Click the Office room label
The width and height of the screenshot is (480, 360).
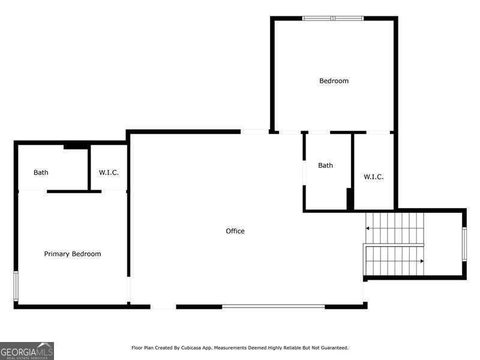(x=235, y=231)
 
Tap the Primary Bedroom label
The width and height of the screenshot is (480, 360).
(x=73, y=254)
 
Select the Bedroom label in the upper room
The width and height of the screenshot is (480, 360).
(x=334, y=81)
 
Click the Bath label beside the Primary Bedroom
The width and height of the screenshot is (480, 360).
(x=41, y=173)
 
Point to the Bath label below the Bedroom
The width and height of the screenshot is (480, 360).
(x=326, y=166)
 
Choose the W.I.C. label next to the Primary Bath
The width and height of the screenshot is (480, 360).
(x=109, y=173)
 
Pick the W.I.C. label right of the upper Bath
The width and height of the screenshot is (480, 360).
(x=373, y=177)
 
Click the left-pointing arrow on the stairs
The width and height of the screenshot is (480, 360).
(x=368, y=228)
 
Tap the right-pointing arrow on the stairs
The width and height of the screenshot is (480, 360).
(x=421, y=261)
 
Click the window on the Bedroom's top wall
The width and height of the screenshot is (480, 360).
(x=333, y=19)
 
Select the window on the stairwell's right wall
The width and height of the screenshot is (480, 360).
(x=464, y=244)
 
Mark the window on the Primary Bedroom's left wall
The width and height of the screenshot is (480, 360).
(x=16, y=286)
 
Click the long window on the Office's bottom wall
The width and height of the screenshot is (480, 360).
(x=273, y=307)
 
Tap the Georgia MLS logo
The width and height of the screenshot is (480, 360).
(x=27, y=350)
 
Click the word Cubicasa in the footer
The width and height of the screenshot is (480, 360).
(x=205, y=348)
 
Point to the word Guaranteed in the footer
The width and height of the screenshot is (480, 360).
(x=334, y=348)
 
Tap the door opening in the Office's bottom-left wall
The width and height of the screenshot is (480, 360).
(x=163, y=307)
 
